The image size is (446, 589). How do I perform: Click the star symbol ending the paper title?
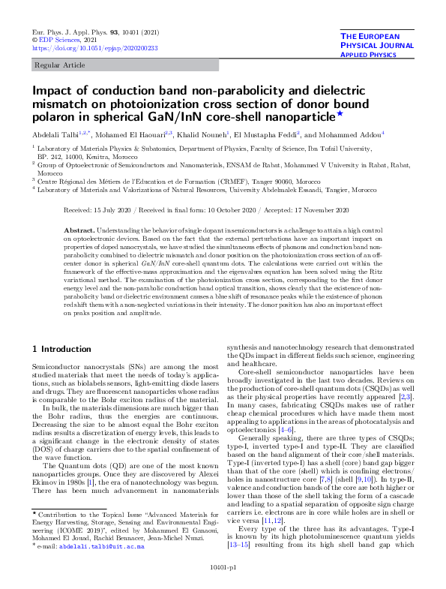(340, 115)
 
